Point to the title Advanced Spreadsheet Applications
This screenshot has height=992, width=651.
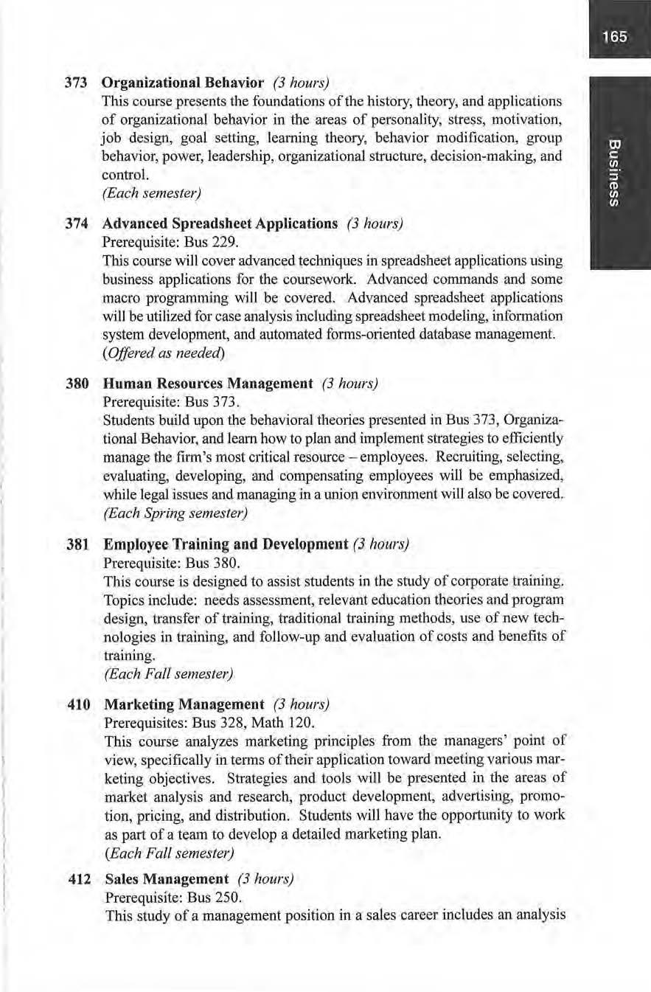220,223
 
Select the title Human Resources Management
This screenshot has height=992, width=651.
209,384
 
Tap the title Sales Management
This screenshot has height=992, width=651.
167,879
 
